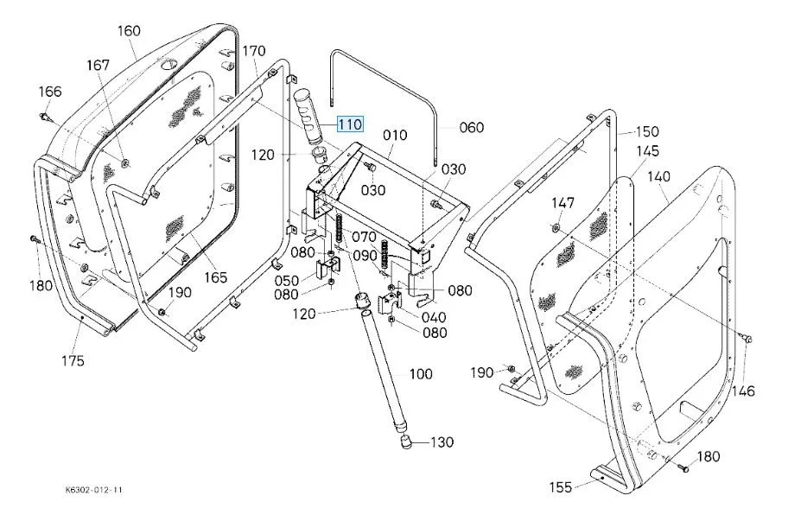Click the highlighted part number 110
[350, 124]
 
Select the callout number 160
[129, 31]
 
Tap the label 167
[98, 66]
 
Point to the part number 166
[50, 92]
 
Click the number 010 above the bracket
[395, 136]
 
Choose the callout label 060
[472, 128]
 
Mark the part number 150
[647, 132]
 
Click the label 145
[649, 151]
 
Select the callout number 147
[562, 203]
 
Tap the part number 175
[73, 360]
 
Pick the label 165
[215, 277]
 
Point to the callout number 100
[421, 374]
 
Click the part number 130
[442, 443]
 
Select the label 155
[561, 487]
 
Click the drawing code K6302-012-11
[93, 490]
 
